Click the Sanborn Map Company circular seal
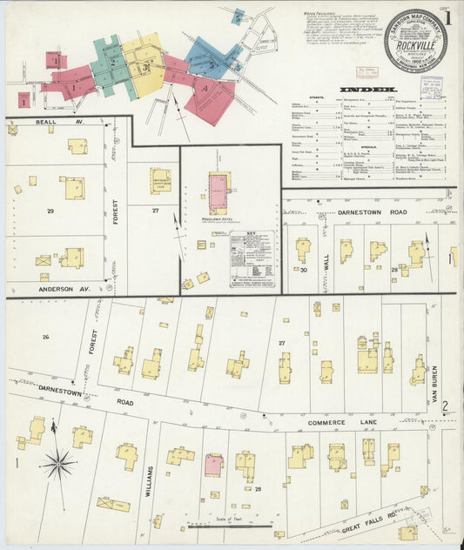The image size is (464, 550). pos(415,40)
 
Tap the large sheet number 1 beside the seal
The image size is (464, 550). pos(450,17)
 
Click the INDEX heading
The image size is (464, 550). pos(368,90)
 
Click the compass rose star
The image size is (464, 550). pos(58,463)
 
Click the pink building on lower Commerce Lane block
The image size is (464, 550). pos(213,464)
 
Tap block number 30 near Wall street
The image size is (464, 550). pos(303,271)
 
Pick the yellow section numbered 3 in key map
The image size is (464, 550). pos(145,67)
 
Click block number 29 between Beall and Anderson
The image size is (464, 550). pos(50,211)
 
